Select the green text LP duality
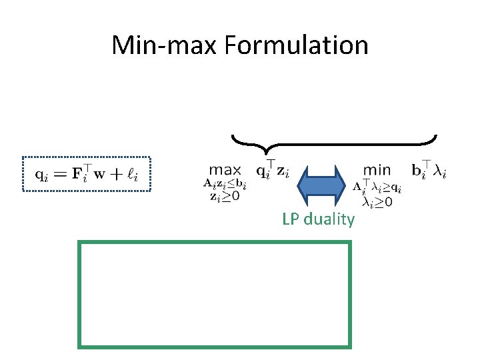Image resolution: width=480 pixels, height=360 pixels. coord(319,219)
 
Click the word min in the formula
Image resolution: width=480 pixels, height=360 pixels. coord(377,171)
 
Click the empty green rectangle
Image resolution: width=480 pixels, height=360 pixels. coord(215,295)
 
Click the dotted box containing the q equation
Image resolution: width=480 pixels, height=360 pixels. coord(87,174)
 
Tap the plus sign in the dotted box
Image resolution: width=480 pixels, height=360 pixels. coord(118,175)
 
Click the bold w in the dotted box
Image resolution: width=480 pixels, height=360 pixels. coord(103,175)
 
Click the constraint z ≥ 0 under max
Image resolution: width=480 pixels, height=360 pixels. coord(225,196)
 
